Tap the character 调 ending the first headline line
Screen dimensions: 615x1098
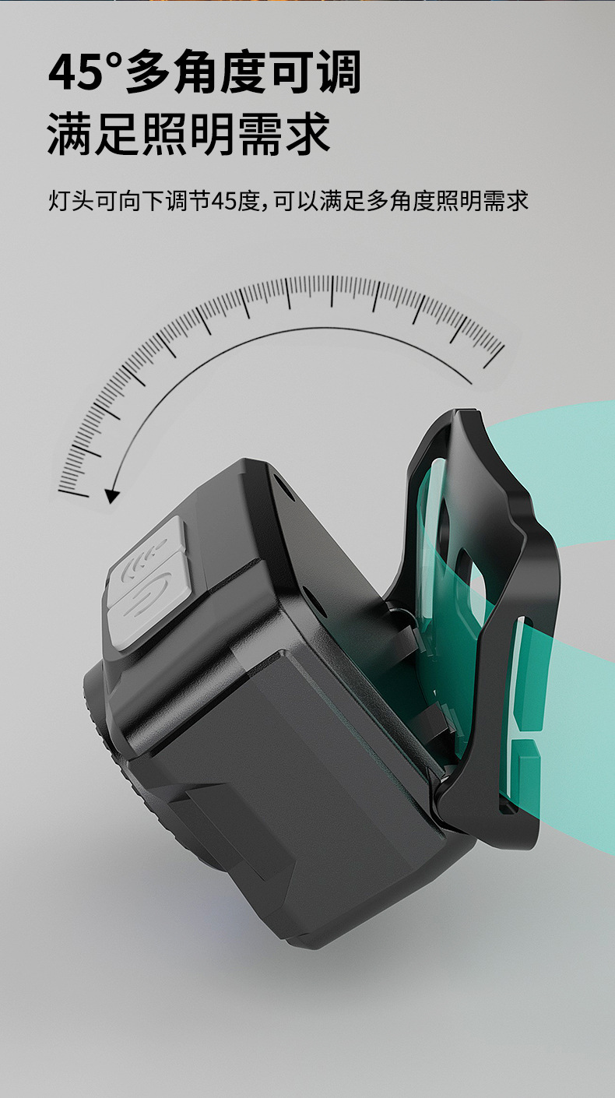click(338, 72)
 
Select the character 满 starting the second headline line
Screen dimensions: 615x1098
click(70, 134)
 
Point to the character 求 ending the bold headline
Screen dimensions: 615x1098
click(307, 134)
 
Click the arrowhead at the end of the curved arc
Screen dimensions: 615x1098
click(112, 496)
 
